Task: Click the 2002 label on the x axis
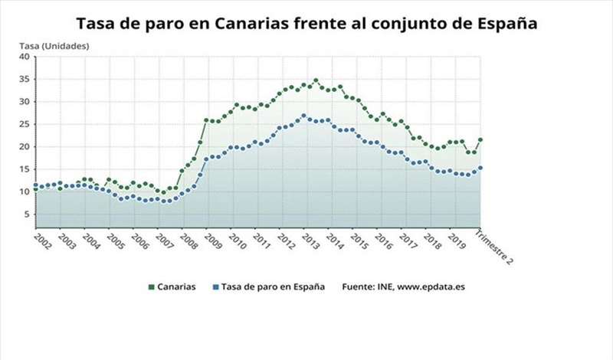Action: (41, 239)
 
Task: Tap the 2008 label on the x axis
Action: (188, 239)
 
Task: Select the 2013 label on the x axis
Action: (311, 239)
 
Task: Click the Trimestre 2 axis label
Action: (494, 247)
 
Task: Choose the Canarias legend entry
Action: (175, 286)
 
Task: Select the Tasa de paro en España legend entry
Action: (273, 286)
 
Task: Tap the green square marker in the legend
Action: (151, 287)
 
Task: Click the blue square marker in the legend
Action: (215, 287)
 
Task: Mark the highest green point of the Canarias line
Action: (316, 80)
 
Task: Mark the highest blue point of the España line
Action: (303, 116)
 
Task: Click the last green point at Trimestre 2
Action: (480, 140)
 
